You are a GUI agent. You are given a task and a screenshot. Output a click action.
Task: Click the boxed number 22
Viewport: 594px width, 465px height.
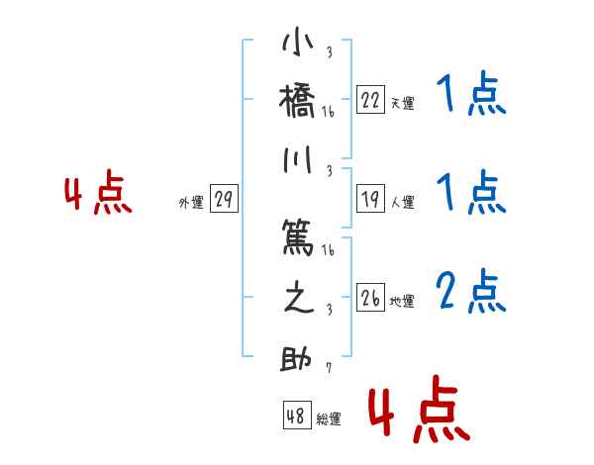coord(370,99)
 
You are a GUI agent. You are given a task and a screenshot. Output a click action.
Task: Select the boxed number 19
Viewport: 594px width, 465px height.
coord(370,199)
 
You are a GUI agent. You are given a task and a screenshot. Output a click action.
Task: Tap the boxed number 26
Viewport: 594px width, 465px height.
coord(370,298)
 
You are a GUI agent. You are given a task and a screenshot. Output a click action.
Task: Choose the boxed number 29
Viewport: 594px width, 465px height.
coord(224,200)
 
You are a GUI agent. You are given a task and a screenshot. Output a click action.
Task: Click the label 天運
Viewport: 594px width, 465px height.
coord(402,103)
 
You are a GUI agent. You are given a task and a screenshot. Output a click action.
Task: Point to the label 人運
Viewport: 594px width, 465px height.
coord(402,203)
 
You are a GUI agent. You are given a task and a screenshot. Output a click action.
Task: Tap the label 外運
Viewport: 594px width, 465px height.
coord(191,203)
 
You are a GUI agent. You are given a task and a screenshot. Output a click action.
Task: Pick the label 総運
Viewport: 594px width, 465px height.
coord(328,419)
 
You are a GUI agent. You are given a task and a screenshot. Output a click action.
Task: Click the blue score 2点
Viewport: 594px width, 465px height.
coord(471,291)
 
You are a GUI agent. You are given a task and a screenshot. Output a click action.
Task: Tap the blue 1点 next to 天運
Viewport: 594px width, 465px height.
coord(471,95)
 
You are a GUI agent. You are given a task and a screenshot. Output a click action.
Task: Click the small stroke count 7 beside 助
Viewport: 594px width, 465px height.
coord(328,369)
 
